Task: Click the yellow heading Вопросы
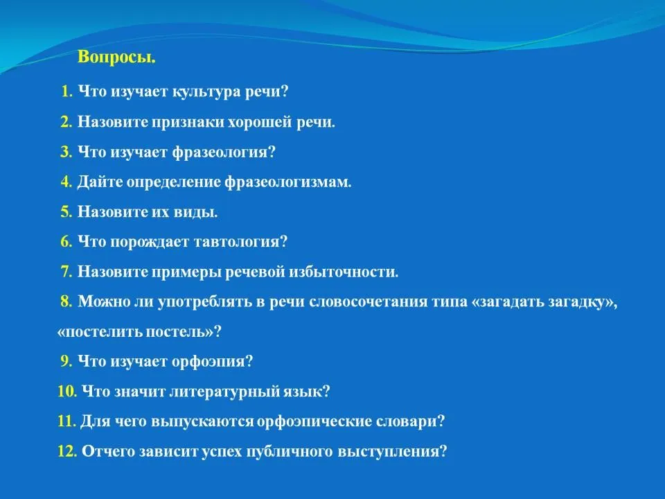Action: click(x=116, y=57)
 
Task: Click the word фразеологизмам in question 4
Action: click(x=288, y=182)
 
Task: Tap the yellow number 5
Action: click(x=66, y=211)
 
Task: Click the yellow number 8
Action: click(x=66, y=301)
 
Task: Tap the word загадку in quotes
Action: click(x=582, y=302)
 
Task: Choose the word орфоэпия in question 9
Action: click(x=212, y=362)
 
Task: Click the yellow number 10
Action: click(x=67, y=391)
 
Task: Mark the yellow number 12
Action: click(x=67, y=451)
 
